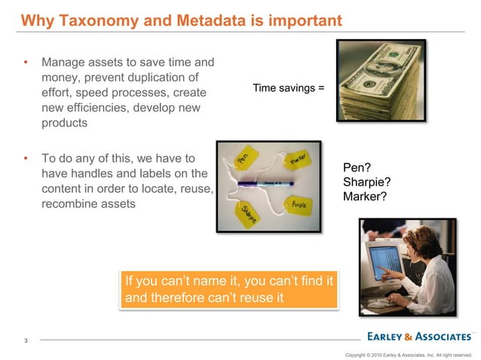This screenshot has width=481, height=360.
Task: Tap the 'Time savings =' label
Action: coord(289,88)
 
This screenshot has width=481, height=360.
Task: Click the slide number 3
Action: coord(26,341)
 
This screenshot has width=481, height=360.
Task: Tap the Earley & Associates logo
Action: coord(419,335)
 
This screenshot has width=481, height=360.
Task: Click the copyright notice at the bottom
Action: coord(408,353)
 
